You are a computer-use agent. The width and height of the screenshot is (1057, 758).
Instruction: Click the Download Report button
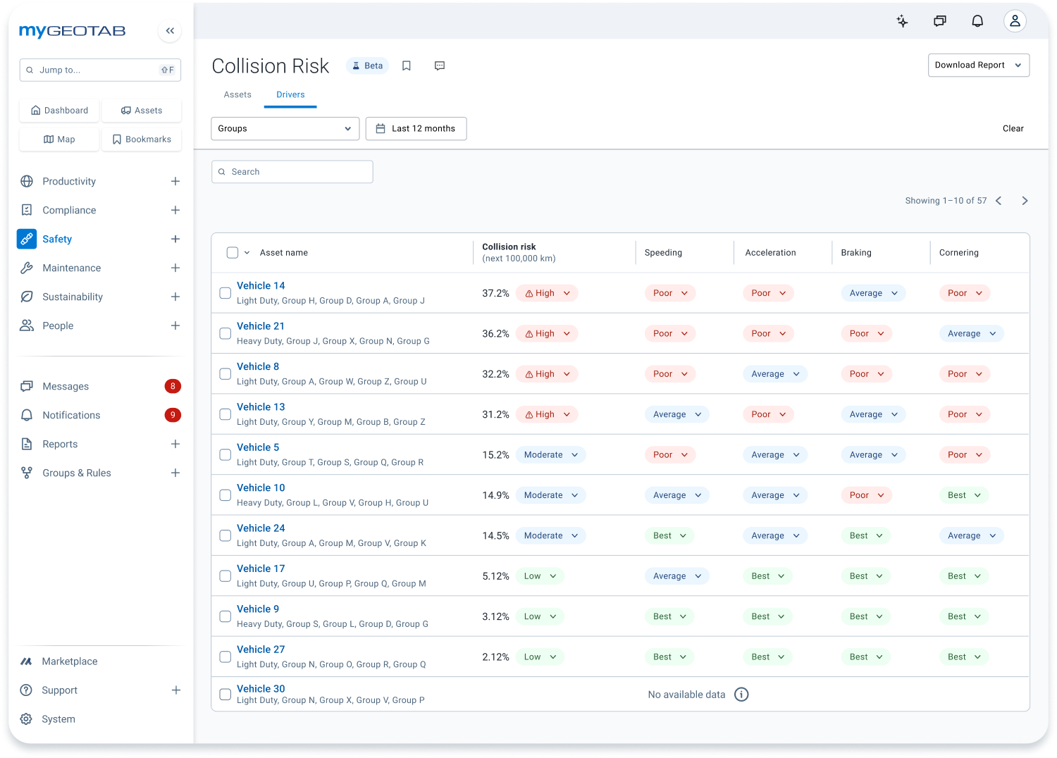click(978, 65)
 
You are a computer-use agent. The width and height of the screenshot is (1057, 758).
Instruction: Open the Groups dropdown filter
click(285, 128)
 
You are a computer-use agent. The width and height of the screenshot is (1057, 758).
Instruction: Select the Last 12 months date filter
click(416, 128)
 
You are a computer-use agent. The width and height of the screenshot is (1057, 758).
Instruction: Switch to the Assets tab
click(237, 94)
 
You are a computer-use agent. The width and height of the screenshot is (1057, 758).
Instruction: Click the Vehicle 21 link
click(261, 326)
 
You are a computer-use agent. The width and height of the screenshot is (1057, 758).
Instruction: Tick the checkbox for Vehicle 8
click(225, 374)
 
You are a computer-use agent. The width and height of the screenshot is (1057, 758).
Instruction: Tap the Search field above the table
click(292, 172)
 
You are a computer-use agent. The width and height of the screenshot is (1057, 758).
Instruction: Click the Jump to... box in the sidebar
click(100, 70)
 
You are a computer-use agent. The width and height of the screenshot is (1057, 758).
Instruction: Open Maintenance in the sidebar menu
click(71, 268)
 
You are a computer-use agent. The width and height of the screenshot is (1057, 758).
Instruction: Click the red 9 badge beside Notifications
click(173, 415)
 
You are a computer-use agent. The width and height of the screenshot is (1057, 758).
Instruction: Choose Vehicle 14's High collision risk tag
click(547, 293)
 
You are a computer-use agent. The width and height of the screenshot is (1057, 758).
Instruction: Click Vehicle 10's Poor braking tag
click(866, 495)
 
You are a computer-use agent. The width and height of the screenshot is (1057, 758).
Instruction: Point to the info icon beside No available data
click(741, 695)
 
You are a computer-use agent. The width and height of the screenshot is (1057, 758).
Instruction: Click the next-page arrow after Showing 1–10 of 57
click(1025, 201)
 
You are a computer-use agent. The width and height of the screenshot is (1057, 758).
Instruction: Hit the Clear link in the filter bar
click(1013, 128)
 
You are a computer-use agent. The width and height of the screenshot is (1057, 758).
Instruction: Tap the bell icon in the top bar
click(977, 21)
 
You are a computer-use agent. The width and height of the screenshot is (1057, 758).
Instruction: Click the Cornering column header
click(958, 253)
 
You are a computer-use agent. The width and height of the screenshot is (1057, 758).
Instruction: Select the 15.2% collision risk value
click(495, 455)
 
